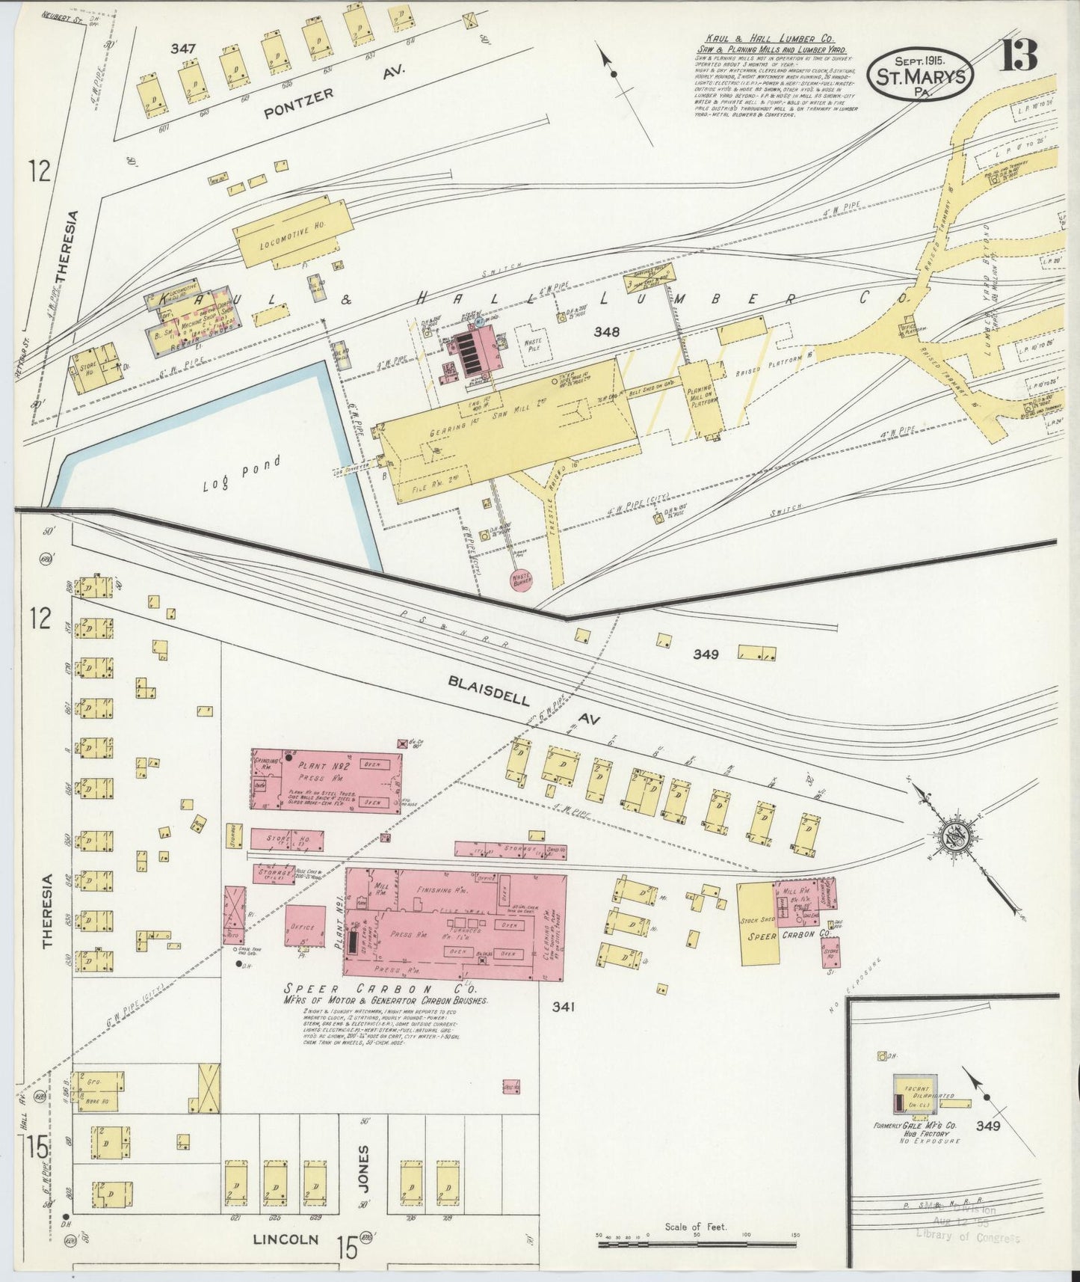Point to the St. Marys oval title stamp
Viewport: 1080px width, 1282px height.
[x=919, y=77]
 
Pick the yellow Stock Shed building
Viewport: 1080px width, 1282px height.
[x=756, y=923]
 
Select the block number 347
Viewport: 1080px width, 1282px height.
[x=183, y=49]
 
